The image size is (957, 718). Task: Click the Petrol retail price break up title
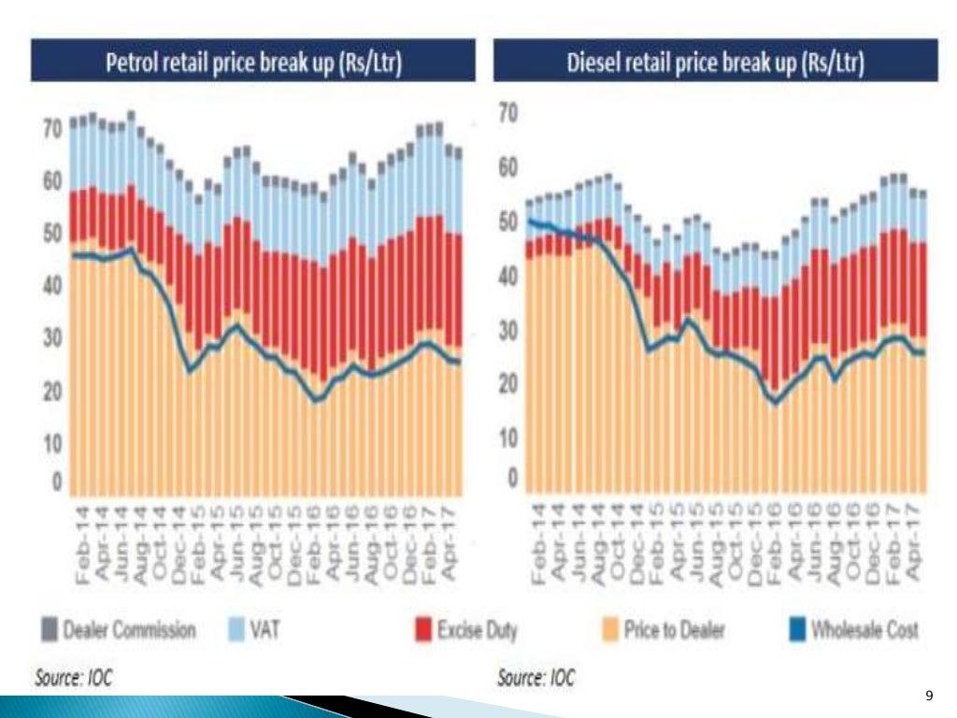tap(252, 63)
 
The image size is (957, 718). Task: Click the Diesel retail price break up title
tap(715, 63)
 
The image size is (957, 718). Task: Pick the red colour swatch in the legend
tap(424, 631)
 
